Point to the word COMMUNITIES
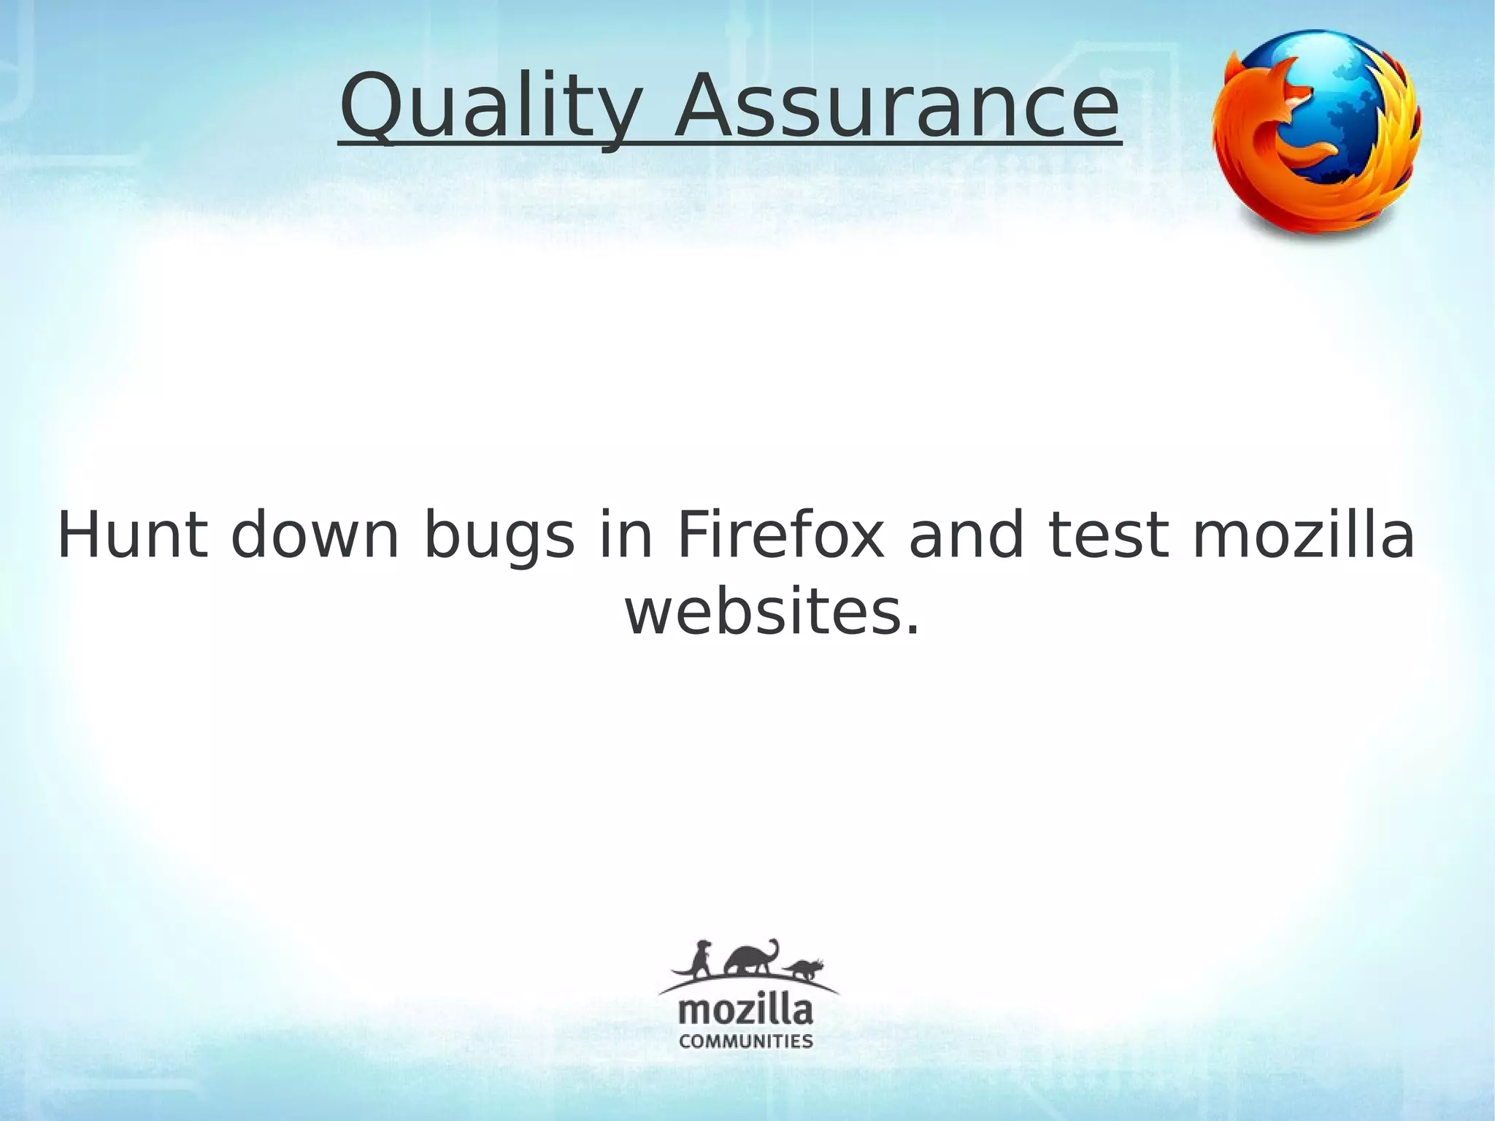pos(746,1041)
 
